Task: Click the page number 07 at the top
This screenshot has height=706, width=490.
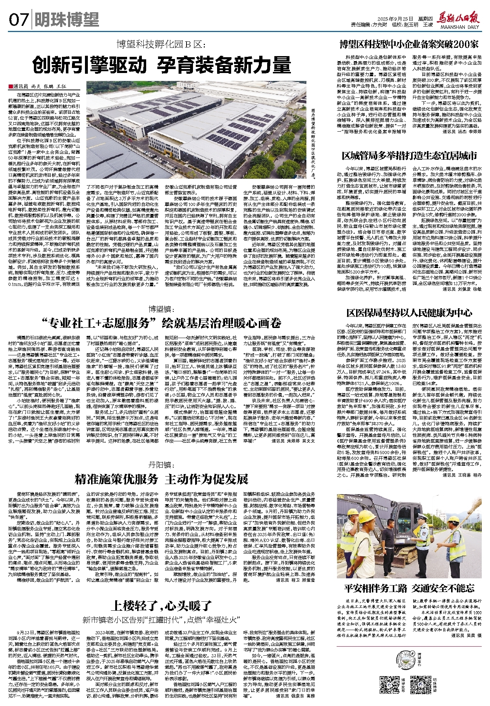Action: [x=18, y=20]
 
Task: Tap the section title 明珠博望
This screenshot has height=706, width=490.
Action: [x=67, y=20]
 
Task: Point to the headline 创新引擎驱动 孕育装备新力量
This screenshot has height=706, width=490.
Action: [x=162, y=65]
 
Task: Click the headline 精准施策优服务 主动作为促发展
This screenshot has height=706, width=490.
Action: [x=161, y=479]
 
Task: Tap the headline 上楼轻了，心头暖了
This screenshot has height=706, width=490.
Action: [x=161, y=606]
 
